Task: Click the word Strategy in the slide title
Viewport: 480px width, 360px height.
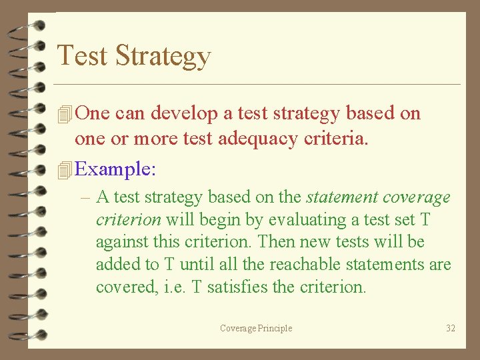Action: click(163, 57)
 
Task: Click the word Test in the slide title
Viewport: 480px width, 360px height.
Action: click(83, 55)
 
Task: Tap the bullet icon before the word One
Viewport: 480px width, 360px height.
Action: click(65, 114)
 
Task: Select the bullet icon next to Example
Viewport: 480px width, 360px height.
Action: click(65, 170)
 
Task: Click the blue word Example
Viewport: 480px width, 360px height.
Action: click(115, 169)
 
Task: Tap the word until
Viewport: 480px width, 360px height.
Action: click(197, 265)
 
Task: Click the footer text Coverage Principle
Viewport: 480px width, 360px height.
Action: click(256, 328)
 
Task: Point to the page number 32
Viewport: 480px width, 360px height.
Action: click(450, 328)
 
